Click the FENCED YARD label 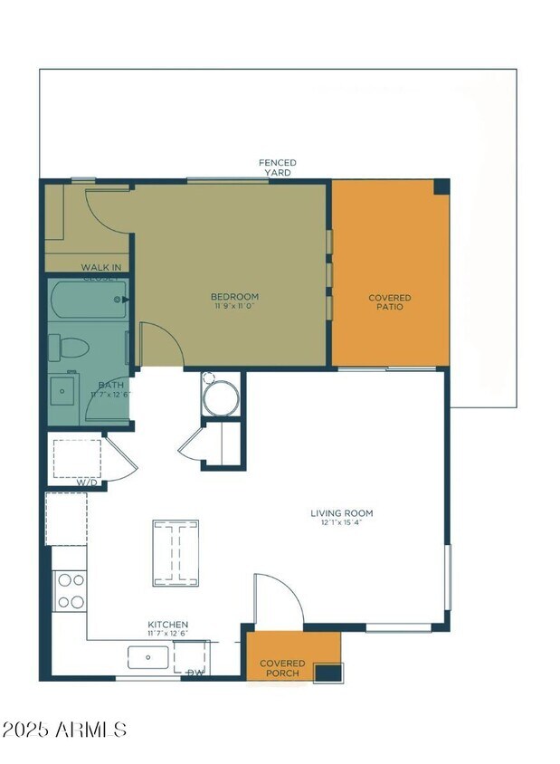pyautogui.click(x=278, y=167)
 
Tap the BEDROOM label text pyautogui.click(x=234, y=297)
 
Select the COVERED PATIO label pyautogui.click(x=390, y=302)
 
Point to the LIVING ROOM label pyautogui.click(x=346, y=513)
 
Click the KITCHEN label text pyautogui.click(x=168, y=625)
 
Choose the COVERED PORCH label pyautogui.click(x=282, y=668)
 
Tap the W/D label pyautogui.click(x=86, y=482)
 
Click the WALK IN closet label pyautogui.click(x=101, y=268)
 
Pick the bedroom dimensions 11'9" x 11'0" pyautogui.click(x=234, y=307)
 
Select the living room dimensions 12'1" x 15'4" pyautogui.click(x=346, y=523)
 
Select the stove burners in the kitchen pyautogui.click(x=70, y=591)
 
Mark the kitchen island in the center pyautogui.click(x=176, y=553)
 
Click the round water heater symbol pyautogui.click(x=221, y=398)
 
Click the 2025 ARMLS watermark pyautogui.click(x=64, y=730)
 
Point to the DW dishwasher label pyautogui.click(x=195, y=673)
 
